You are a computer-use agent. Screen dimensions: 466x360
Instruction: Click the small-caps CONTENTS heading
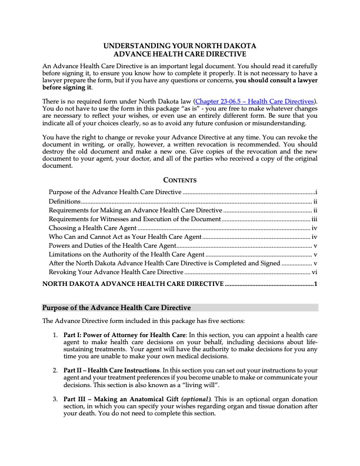coord(180,180)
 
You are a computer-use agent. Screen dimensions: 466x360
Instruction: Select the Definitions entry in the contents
coord(65,201)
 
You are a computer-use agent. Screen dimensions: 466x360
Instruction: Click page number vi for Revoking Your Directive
coord(315,272)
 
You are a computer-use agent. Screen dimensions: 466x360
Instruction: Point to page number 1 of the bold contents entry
coord(316,284)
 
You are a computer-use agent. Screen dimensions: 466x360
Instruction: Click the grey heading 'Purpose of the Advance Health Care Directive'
coord(116,308)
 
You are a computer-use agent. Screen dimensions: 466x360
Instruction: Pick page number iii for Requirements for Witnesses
coord(314,219)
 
